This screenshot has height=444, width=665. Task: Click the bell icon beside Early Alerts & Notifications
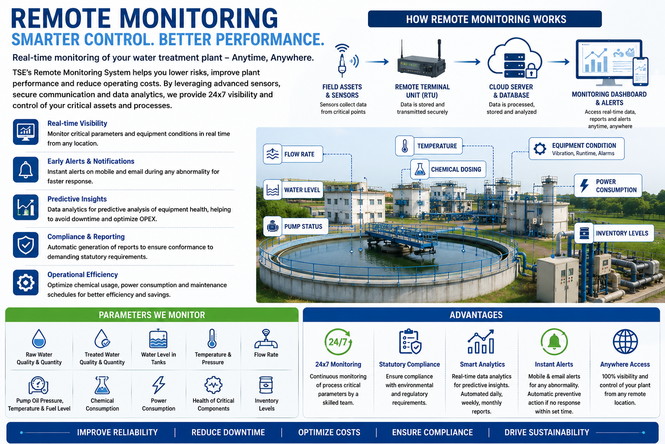[x=26, y=170]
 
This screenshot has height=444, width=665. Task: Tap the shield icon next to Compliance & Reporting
[x=26, y=245]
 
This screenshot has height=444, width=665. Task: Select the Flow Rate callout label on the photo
[x=293, y=154]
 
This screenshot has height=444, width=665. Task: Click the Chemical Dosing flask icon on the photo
[x=420, y=169]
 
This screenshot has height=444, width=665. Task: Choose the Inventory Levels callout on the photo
[x=614, y=233]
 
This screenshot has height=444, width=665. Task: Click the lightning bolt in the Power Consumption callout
[x=584, y=186]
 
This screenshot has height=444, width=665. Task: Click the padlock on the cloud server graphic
[x=531, y=71]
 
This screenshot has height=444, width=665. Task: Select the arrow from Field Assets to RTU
[x=377, y=62]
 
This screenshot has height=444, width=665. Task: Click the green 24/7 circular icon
[x=338, y=342]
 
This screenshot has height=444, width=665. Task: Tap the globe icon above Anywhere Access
[x=625, y=341]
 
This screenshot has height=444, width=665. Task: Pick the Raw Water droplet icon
[x=39, y=339]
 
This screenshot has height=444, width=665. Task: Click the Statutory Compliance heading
[x=410, y=364]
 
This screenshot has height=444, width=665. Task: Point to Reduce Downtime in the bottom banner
[x=228, y=432]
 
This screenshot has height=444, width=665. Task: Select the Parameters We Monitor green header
[x=152, y=315]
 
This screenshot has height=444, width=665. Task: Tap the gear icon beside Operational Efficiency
[x=26, y=283]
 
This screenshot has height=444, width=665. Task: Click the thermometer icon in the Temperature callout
[x=405, y=146]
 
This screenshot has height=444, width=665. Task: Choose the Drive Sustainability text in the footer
[x=547, y=432]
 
